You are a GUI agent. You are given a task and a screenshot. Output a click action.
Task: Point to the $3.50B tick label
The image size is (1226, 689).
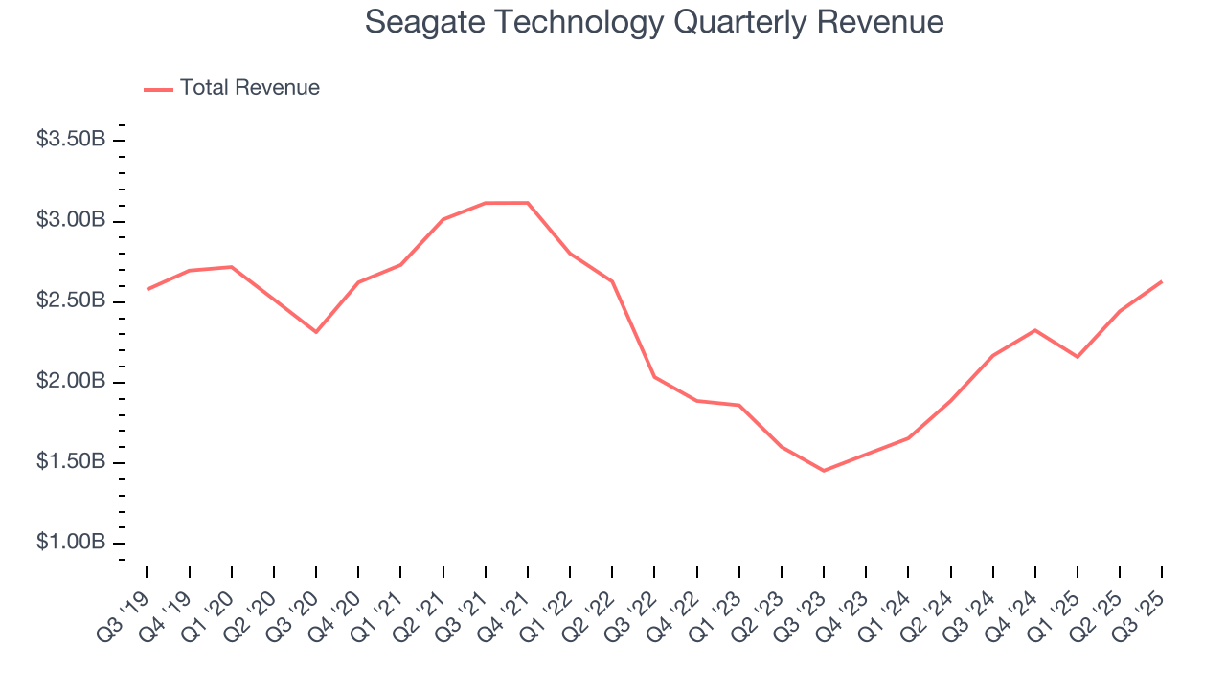[x=71, y=140]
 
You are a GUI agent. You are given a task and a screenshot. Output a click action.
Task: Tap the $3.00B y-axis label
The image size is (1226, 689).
[x=71, y=220]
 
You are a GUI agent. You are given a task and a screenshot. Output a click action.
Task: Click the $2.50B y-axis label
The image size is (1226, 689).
[x=71, y=300]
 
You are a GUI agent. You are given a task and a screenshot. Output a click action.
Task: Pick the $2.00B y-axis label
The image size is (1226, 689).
[x=71, y=382]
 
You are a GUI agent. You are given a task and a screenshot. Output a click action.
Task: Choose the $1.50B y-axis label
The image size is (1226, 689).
[x=71, y=462]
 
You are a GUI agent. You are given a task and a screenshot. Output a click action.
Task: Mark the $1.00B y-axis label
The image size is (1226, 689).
[x=71, y=543]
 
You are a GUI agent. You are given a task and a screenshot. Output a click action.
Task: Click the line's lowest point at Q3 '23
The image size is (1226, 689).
[x=823, y=470]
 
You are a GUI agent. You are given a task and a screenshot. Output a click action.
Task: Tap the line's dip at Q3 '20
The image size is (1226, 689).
[x=316, y=332]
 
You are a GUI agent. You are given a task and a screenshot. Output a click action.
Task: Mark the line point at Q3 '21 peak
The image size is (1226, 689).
[x=486, y=203]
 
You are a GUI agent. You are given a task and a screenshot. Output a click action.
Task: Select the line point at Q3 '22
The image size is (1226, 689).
[x=654, y=376]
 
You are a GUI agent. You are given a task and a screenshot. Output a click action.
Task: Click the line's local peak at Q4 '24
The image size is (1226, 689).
[x=1034, y=330]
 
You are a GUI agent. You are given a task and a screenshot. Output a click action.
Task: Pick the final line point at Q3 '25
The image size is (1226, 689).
[x=1161, y=281]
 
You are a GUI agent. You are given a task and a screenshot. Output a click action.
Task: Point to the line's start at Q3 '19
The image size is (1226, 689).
[x=148, y=289]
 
